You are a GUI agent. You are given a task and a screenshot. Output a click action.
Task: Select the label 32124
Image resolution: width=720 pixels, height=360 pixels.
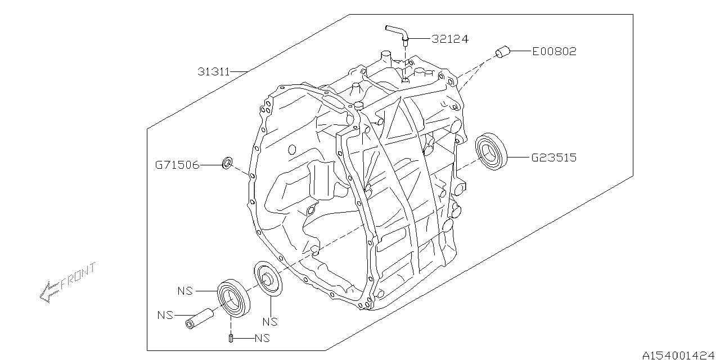pos(450,39)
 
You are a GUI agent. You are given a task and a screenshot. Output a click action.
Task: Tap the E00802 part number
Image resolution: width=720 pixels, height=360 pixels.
pos(554,52)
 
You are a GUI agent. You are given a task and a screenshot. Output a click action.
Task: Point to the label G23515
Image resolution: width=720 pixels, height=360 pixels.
pos(554,158)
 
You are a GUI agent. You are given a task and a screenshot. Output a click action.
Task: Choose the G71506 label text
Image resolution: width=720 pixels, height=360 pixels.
pos(177,165)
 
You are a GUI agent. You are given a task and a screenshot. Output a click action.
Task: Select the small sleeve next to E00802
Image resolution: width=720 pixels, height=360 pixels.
pos(502,53)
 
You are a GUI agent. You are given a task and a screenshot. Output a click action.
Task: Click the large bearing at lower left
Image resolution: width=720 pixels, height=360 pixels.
pos(233,297)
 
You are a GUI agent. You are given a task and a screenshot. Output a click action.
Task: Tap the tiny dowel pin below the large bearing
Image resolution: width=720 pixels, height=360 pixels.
pos(231,338)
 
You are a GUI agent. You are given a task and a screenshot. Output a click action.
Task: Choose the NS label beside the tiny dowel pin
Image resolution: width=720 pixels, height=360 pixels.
pos(262,339)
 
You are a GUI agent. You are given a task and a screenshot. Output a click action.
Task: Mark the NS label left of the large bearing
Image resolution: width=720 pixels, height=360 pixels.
pos(185,291)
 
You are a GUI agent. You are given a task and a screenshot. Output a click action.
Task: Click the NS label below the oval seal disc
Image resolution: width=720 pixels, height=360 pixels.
pos(271,322)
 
